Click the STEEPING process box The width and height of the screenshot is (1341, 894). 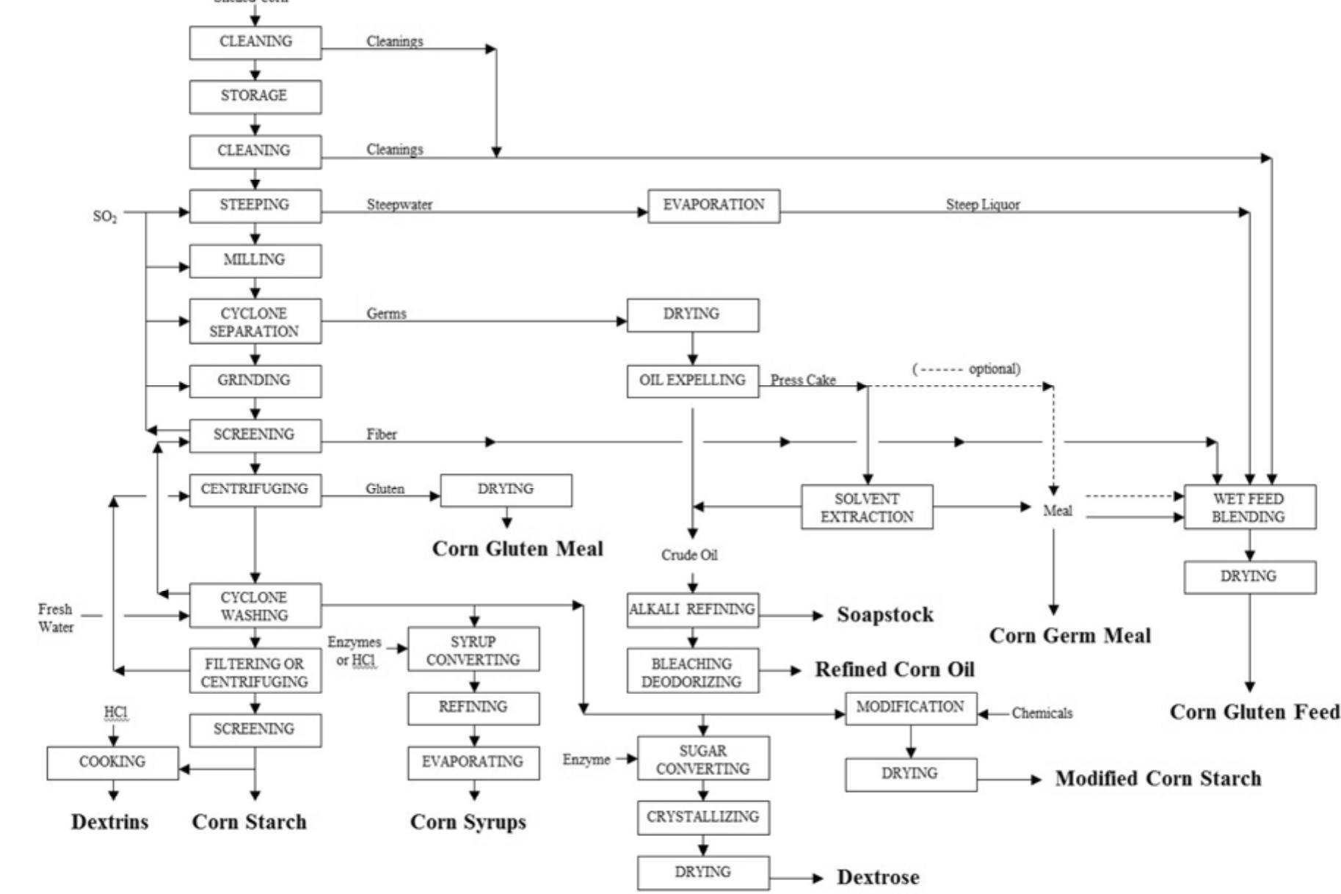255,206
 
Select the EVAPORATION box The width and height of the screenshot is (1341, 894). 713,206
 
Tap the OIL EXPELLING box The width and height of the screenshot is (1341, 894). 692,381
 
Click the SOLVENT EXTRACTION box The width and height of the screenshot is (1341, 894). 867,507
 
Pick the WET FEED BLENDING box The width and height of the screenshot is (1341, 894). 1249,507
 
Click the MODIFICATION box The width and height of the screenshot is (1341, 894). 910,708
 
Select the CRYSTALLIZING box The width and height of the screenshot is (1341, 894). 703,817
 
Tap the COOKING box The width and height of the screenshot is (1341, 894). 112,763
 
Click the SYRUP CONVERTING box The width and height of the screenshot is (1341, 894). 473,650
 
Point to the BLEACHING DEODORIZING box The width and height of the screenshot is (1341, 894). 692,672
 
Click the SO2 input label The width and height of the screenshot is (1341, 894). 105,217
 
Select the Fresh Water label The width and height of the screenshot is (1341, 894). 56,618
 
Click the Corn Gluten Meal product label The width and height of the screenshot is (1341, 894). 517,549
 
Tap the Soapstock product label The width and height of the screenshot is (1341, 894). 885,615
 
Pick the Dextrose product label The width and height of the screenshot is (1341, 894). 878,877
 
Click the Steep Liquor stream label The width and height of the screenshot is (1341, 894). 982,205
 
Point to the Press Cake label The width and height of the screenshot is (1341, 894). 803,380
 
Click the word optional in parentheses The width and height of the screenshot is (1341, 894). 994,369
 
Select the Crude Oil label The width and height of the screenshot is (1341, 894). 689,556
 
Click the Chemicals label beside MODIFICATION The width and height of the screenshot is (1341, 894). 1042,713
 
